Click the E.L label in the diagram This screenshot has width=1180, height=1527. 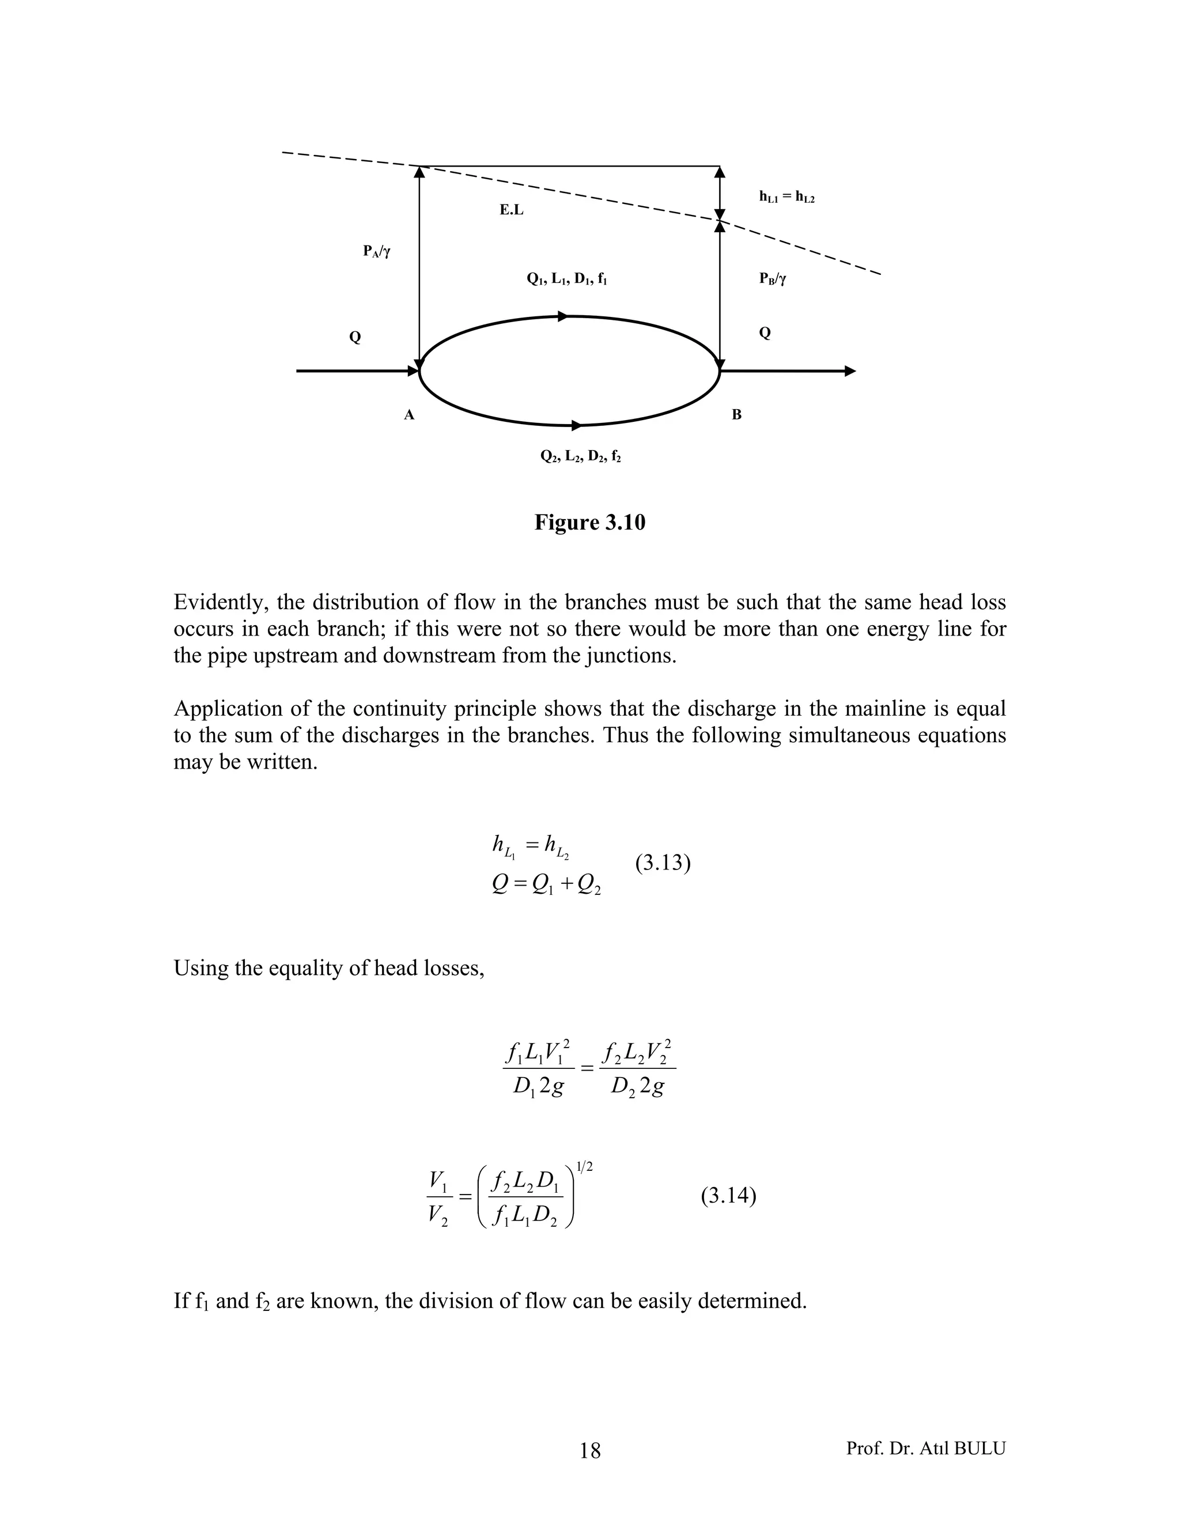tap(511, 210)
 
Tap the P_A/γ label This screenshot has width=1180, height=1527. tap(376, 252)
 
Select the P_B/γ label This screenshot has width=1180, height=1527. tap(773, 279)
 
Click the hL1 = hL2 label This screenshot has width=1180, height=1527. tap(786, 197)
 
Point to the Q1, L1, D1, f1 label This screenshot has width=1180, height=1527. tap(566, 279)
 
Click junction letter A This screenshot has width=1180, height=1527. tap(409, 415)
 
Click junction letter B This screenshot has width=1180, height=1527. tap(736, 415)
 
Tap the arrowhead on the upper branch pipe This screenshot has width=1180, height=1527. tap(563, 316)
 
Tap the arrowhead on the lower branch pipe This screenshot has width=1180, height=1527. tap(577, 425)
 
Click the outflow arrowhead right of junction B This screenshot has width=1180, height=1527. tap(850, 371)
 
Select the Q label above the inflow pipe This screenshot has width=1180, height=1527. tap(355, 338)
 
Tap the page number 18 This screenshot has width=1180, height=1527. tap(589, 1451)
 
